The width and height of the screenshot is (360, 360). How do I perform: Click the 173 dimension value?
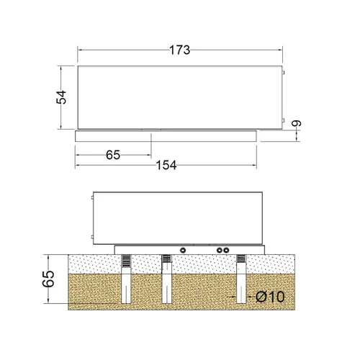(x=179, y=50)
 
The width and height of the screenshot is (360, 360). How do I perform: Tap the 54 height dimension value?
(x=61, y=97)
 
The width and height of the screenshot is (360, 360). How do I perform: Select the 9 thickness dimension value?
(x=296, y=123)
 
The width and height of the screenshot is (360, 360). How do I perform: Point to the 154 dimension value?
(x=166, y=166)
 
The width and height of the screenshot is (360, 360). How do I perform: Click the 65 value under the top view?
(x=113, y=155)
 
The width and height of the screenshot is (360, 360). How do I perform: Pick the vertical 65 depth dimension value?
(x=48, y=279)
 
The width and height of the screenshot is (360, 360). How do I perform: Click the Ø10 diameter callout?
(x=270, y=297)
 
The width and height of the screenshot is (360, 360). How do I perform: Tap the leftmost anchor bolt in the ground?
(x=126, y=279)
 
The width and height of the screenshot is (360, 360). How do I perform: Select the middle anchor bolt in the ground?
(x=166, y=279)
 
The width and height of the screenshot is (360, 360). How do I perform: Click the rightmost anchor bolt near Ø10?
(x=241, y=279)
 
